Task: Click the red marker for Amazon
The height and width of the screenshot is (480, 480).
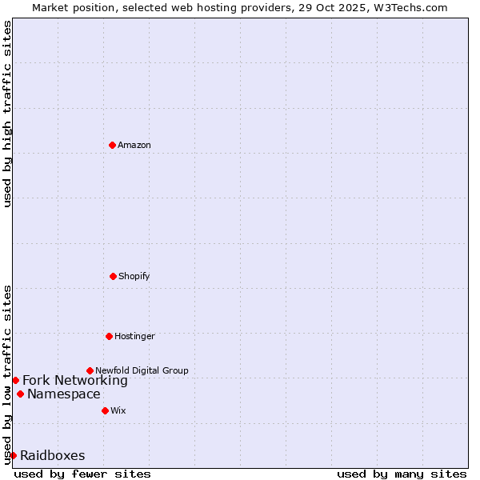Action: point(112,145)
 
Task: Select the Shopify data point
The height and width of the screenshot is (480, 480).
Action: point(113,276)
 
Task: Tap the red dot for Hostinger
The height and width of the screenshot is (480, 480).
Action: point(109,336)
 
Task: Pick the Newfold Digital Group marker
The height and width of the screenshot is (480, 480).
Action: point(90,370)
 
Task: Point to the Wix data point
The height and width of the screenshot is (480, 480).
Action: point(105,410)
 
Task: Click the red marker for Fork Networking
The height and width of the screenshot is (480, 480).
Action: point(15,380)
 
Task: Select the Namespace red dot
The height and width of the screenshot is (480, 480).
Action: point(20,394)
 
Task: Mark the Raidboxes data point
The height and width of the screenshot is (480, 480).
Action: point(13,455)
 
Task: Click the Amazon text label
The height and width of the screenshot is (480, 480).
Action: point(134,145)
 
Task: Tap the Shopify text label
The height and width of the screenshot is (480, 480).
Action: point(134,276)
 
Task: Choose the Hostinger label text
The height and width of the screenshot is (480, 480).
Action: point(134,336)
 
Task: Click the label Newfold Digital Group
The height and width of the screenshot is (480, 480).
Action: point(142,370)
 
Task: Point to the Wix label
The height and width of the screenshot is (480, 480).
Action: point(118,410)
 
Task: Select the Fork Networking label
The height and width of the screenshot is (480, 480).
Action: point(75,380)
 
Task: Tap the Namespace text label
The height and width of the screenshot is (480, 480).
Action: point(64,394)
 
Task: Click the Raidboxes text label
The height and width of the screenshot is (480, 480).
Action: point(53,455)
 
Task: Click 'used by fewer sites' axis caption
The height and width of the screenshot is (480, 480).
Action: point(82,474)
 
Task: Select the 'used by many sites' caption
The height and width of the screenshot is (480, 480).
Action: point(402,474)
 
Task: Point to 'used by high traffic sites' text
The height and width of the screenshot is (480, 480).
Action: point(7,114)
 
